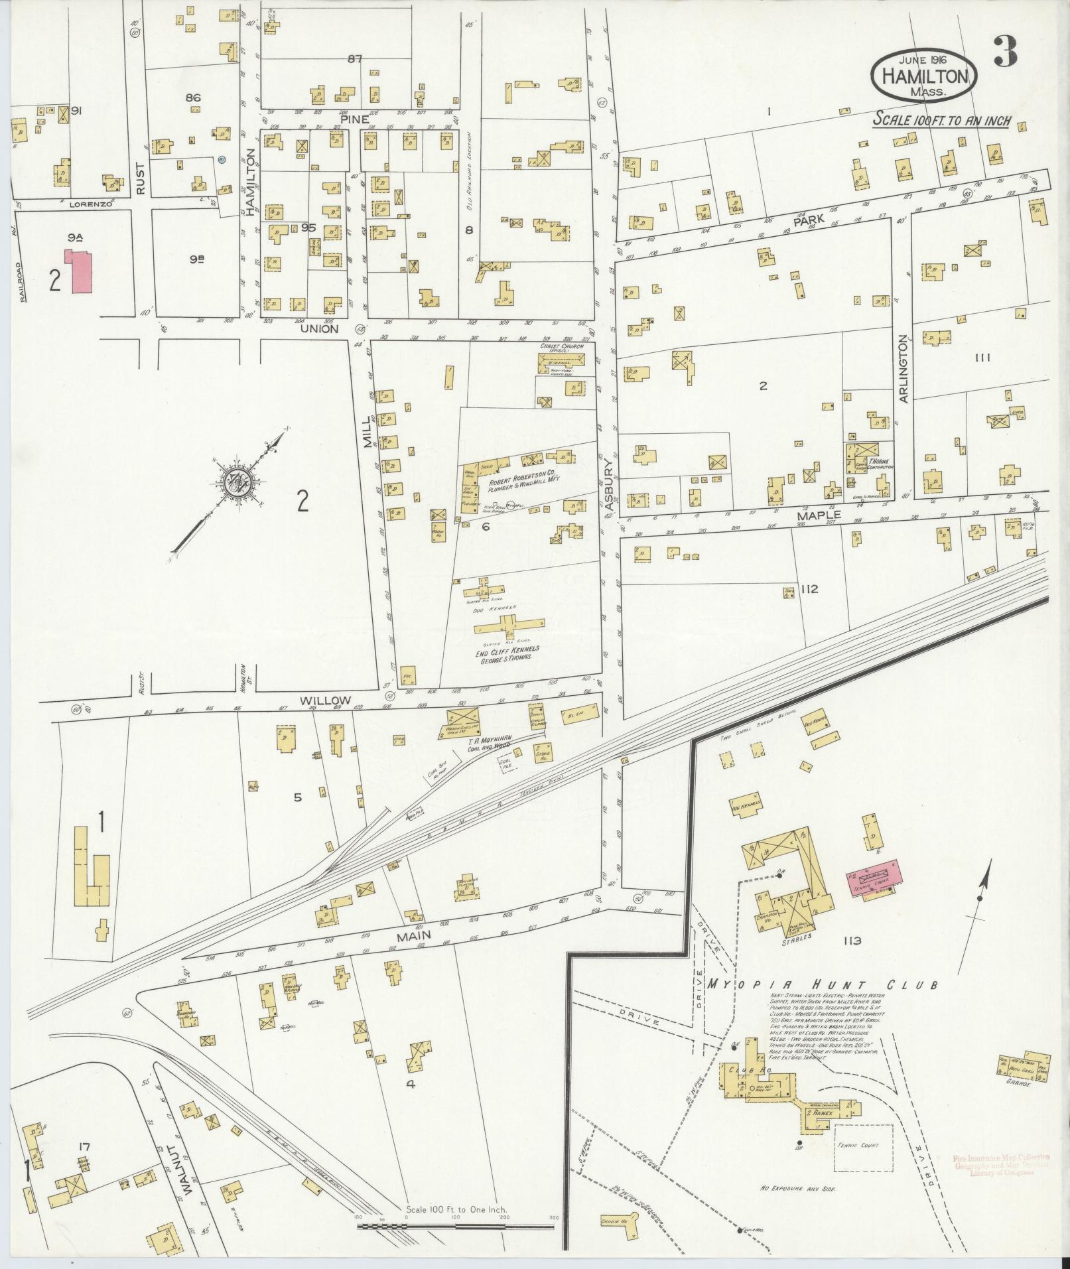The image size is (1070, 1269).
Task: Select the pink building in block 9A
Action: pos(78,271)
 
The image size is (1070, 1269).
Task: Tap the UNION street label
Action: pos(319,329)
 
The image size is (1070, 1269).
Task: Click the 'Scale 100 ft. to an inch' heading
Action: pos(941,121)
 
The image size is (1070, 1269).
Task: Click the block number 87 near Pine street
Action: pos(355,59)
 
